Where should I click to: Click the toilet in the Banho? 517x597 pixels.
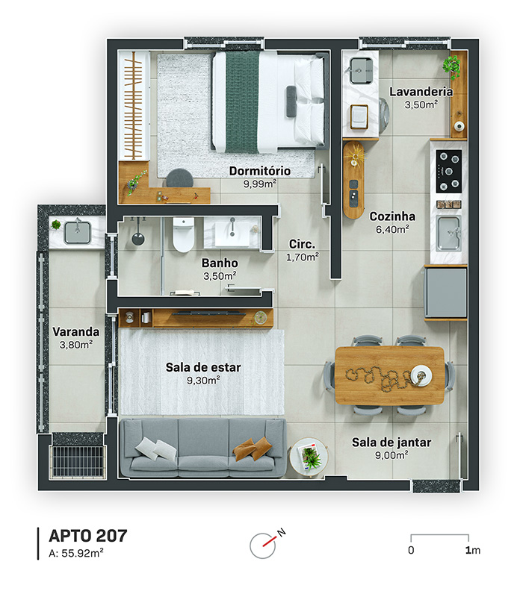pos(183,234)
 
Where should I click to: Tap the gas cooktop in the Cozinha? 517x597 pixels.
pos(449,171)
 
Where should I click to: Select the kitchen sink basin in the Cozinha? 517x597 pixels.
pos(448,233)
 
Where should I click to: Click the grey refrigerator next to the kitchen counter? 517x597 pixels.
pos(446,293)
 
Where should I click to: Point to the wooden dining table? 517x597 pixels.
pos(390,375)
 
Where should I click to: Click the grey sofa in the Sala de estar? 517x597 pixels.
pos(202,448)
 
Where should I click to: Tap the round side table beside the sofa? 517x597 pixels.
pos(309,457)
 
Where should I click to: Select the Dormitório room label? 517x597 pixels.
pos(260,171)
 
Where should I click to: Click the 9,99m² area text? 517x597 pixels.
pos(260,184)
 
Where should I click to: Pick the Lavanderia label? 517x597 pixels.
pos(421,92)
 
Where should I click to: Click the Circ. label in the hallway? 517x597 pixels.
pos(302,244)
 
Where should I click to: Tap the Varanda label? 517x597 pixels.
pos(76,331)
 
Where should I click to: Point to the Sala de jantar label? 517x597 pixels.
pos(391,443)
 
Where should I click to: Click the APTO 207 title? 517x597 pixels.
pos(87,536)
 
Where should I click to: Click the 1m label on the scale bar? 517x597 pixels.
pos(473,550)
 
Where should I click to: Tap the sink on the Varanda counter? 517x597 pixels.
pos(78,233)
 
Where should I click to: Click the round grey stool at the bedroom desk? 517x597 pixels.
pos(179,178)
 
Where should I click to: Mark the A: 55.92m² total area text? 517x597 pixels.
pos(76,553)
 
